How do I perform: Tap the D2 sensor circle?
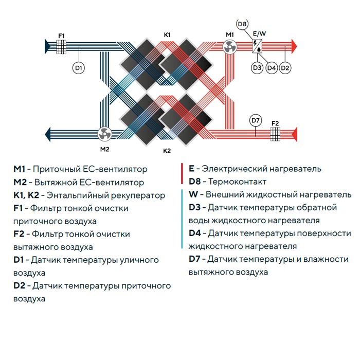(x=285, y=67)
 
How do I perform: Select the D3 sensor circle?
(x=257, y=67)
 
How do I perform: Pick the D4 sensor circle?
(x=271, y=67)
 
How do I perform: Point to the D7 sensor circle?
(x=256, y=121)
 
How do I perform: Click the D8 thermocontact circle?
(x=243, y=24)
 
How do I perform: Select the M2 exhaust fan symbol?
(x=105, y=134)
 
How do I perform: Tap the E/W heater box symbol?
(x=257, y=47)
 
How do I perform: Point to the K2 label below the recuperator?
(x=167, y=151)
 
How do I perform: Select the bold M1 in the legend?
(x=19, y=169)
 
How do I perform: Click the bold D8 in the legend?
(x=195, y=182)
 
